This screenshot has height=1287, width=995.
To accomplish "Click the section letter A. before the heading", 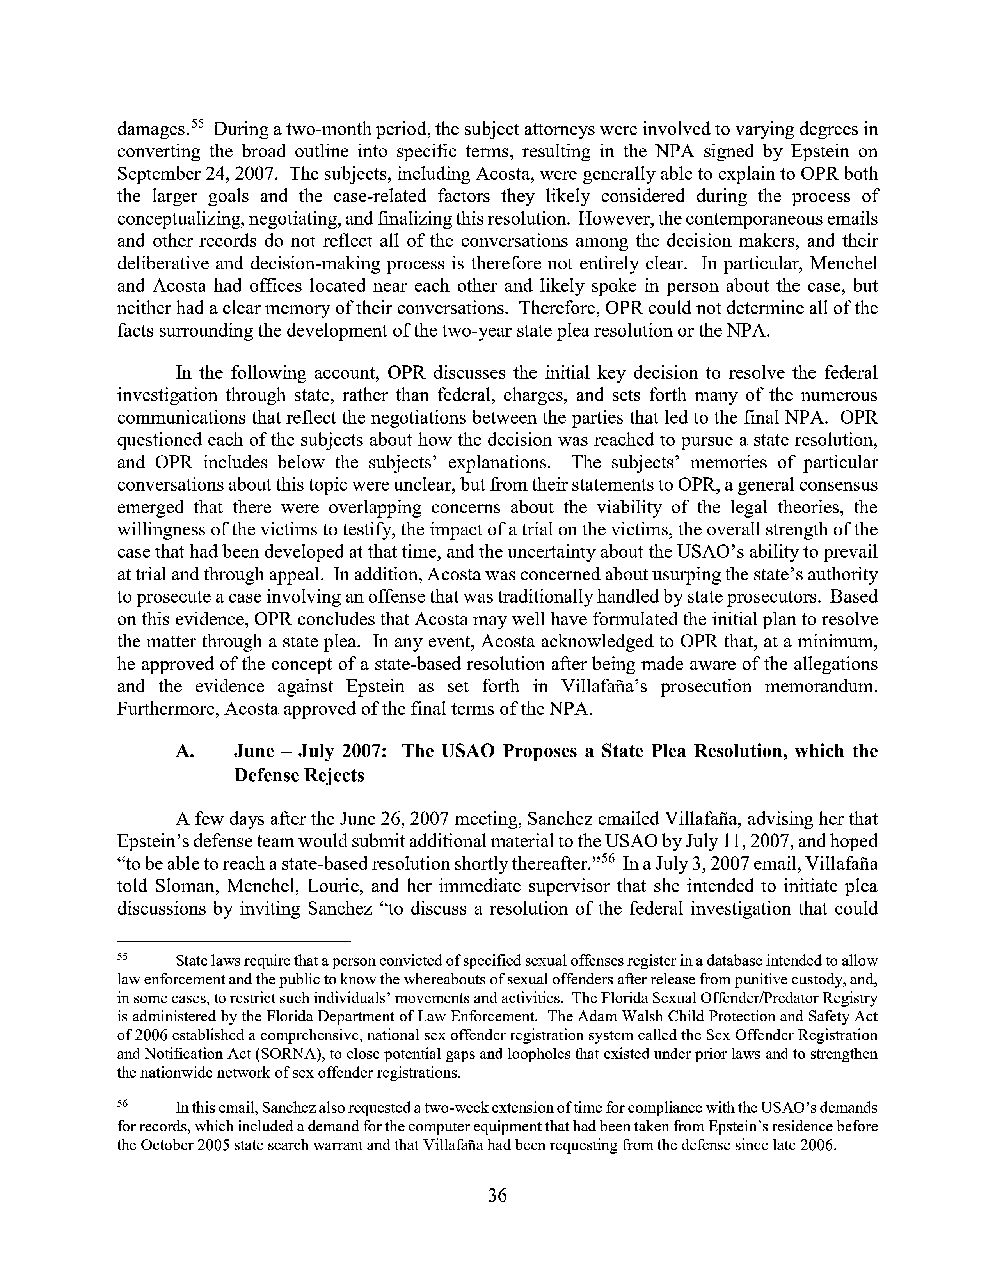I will [x=185, y=752].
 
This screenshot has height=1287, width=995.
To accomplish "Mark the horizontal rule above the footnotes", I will [x=234, y=941].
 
